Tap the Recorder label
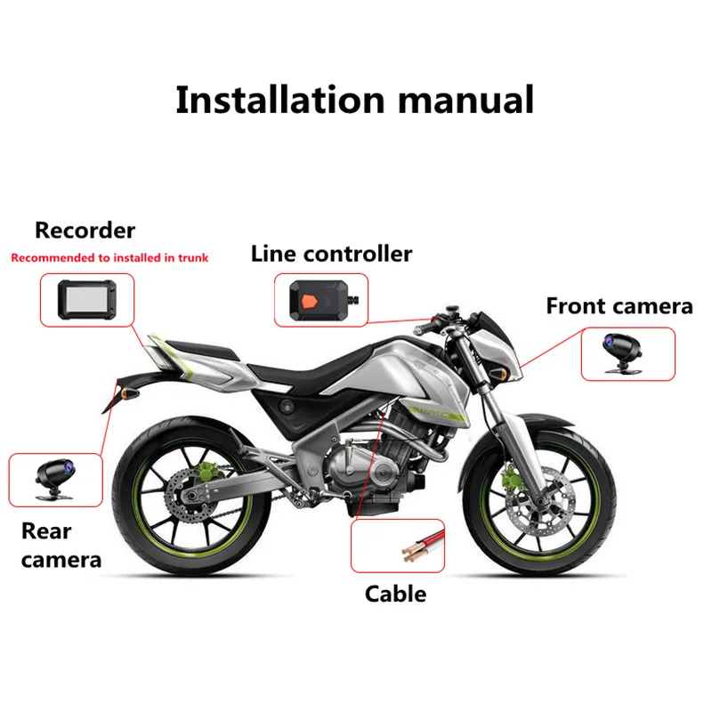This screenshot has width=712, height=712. (85, 231)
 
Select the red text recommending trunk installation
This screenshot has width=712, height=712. (109, 258)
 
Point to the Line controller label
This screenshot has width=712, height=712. (331, 254)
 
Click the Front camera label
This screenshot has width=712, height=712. (619, 306)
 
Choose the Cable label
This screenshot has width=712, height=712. (395, 594)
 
